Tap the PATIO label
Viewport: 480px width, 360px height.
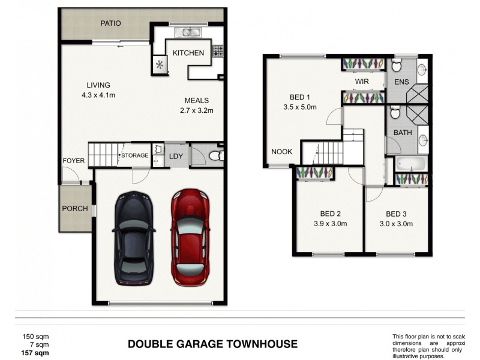(x=110, y=23)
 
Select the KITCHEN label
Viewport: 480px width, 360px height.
(x=188, y=53)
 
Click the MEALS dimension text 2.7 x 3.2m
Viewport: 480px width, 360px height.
(x=196, y=110)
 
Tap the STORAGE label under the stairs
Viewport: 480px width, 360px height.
(x=135, y=156)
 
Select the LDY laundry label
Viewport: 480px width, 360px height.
(x=176, y=157)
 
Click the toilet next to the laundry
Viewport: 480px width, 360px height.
(x=215, y=157)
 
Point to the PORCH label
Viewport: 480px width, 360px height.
(x=76, y=209)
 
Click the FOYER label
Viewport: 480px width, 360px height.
(x=74, y=161)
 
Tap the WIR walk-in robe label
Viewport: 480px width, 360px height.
(x=361, y=81)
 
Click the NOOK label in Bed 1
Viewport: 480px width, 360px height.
(x=281, y=152)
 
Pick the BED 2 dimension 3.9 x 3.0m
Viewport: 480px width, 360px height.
(x=330, y=224)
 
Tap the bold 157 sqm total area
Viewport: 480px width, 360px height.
(x=35, y=354)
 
